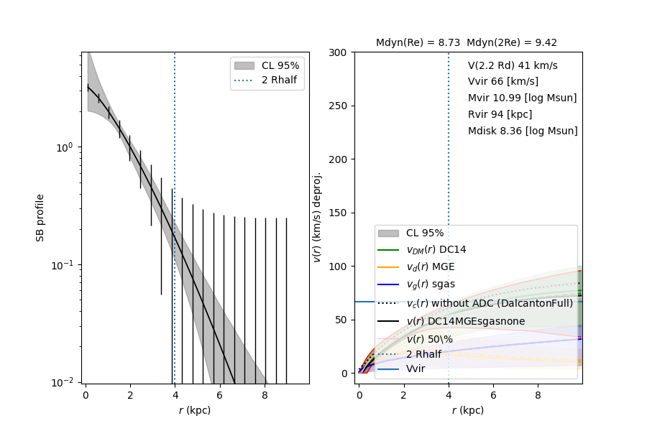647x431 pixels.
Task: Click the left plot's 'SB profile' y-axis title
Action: tap(41, 217)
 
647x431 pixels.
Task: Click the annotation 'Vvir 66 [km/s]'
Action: tap(503, 81)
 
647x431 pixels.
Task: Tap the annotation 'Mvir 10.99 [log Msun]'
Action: tap(522, 98)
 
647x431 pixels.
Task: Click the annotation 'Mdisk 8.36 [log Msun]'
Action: tap(522, 131)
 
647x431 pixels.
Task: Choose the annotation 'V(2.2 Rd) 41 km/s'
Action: tap(512, 65)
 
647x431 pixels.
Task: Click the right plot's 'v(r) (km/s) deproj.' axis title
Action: tap(317, 217)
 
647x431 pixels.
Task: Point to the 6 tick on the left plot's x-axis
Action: tap(220, 394)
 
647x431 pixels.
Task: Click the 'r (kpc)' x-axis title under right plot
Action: tap(467, 411)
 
